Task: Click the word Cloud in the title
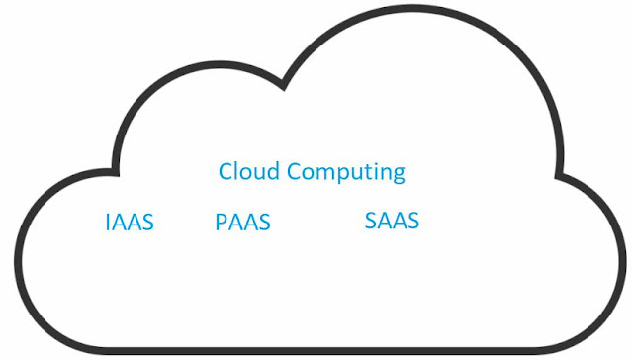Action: (x=249, y=171)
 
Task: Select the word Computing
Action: (x=345, y=173)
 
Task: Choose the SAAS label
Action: (x=392, y=221)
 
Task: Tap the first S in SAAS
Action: (x=371, y=221)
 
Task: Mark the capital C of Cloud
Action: (x=226, y=171)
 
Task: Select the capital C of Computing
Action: (x=293, y=171)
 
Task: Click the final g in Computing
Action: (x=399, y=175)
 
